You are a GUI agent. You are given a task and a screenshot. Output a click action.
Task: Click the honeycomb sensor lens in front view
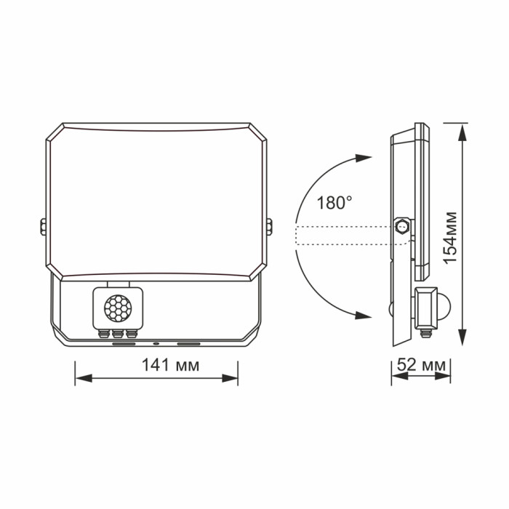[x=119, y=309]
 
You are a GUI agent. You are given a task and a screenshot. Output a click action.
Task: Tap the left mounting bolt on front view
[x=42, y=228]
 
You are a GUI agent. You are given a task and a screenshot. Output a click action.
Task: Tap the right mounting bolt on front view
[x=270, y=228]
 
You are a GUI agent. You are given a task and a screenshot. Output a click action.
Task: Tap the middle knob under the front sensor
[x=119, y=334]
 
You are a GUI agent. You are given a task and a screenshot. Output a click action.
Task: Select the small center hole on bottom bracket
[x=156, y=343]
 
